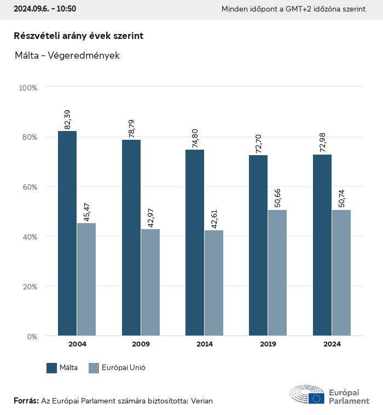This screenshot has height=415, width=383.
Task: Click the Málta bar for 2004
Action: pos(67,233)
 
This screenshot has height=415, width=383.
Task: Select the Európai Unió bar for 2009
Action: pos(150,282)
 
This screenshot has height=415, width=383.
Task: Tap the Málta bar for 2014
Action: pos(195,242)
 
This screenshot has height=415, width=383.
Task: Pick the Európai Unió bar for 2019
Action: pos(277,272)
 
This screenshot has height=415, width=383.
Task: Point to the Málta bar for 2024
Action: pos(322,245)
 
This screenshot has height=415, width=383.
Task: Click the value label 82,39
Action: pos(68,120)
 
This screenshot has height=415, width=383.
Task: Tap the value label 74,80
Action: pos(195,138)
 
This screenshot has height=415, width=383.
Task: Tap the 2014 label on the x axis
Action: pos(204,344)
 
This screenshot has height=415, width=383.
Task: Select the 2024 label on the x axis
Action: pos(332,344)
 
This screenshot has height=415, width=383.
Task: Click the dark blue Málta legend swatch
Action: pos(52,368)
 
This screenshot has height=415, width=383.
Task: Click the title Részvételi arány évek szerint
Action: pos(79,36)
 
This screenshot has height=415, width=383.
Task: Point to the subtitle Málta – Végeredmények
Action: pos(67,55)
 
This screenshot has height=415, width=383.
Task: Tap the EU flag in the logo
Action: pos(316,399)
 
